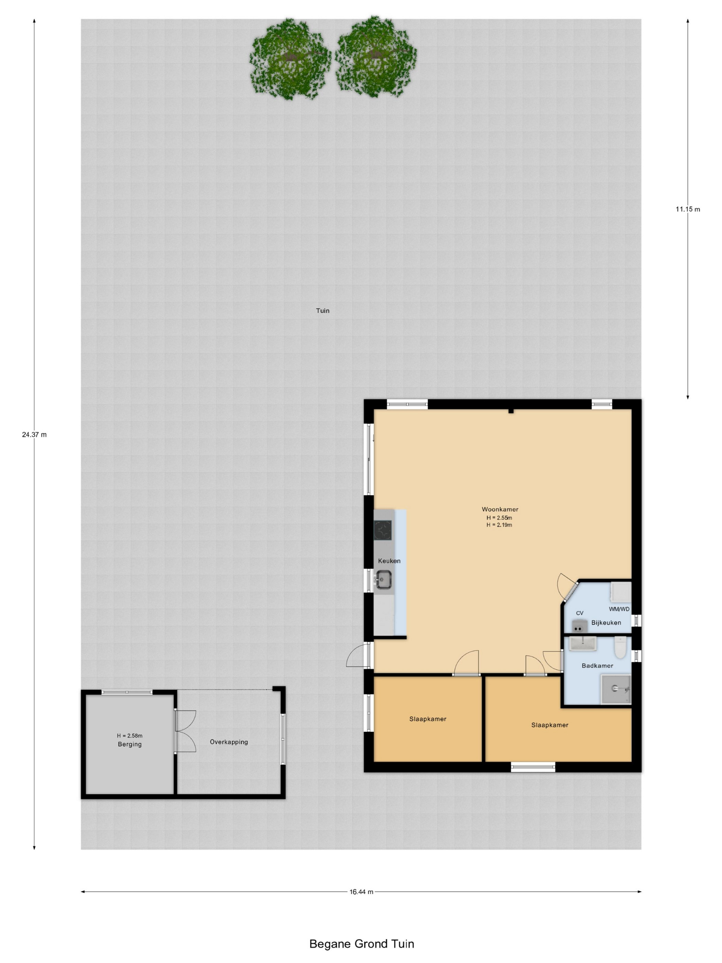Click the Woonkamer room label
pyautogui.click(x=500, y=509)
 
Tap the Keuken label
pyautogui.click(x=389, y=561)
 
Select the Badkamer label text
pyautogui.click(x=598, y=666)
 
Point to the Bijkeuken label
pyautogui.click(x=606, y=623)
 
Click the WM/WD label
pyautogui.click(x=619, y=609)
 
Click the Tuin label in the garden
pyautogui.click(x=322, y=311)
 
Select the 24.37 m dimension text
pyautogui.click(x=34, y=434)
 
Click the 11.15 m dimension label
pyautogui.click(x=688, y=209)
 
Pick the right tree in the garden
pyautogui.click(x=375, y=57)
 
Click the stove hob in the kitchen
pyautogui.click(x=383, y=530)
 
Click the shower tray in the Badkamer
pyautogui.click(x=616, y=689)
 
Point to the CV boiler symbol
pyautogui.click(x=578, y=627)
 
